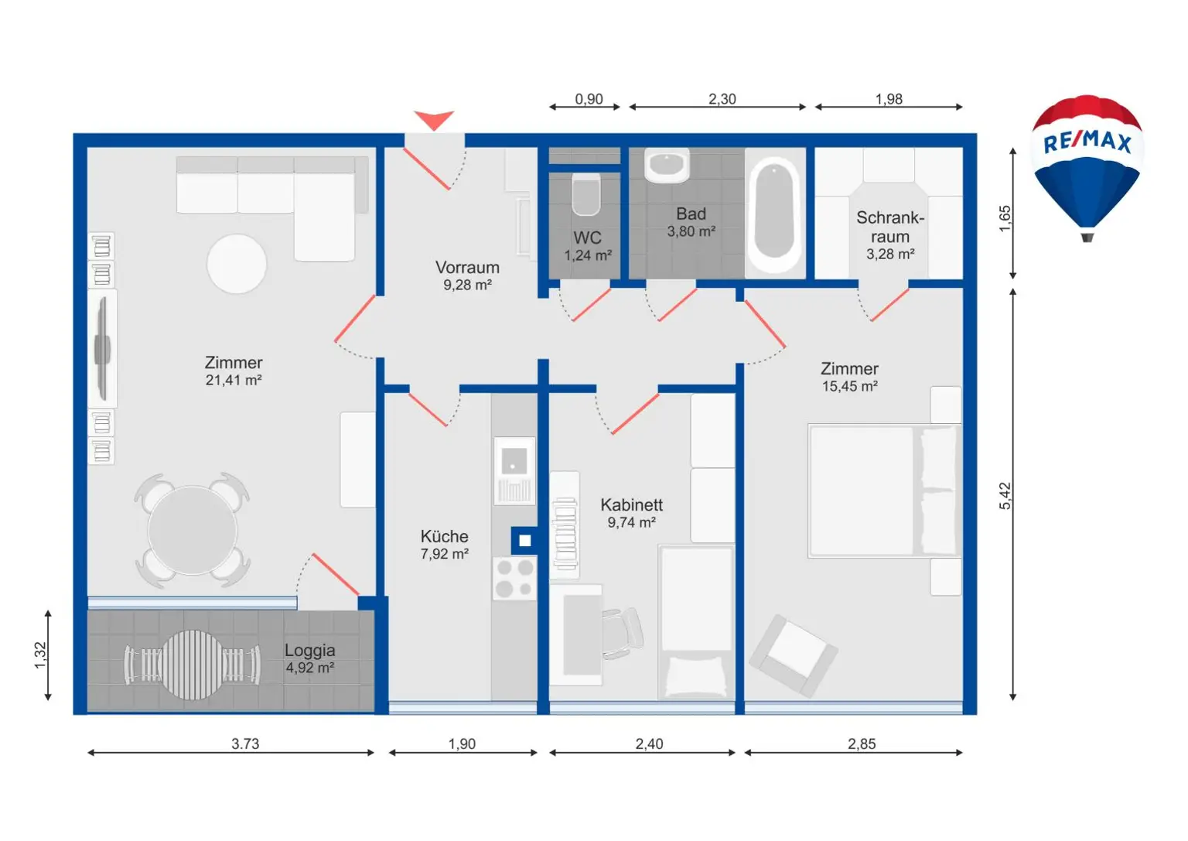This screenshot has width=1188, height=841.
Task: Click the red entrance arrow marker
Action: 434,120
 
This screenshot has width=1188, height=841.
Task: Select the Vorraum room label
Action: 467,268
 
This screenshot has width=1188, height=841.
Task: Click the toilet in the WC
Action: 585,194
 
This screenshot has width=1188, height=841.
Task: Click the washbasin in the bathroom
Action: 667,165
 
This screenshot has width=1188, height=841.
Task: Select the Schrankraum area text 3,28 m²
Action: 890,255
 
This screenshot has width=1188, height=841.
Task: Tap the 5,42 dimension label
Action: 1005,496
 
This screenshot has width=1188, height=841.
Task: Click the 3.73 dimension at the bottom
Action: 245,744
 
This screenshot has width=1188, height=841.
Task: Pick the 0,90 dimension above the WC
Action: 589,99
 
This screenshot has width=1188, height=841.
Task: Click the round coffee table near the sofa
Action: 237,264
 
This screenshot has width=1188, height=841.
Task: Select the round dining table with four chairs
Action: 192,530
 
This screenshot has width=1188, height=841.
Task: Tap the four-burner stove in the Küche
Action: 514,578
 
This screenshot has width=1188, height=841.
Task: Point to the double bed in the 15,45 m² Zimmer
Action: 884,491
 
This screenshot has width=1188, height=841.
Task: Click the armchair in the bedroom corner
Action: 793,655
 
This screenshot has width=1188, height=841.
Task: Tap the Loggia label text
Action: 309,651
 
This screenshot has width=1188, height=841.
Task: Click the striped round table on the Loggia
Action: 192,665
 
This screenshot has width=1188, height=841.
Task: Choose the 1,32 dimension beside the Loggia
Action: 40,655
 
